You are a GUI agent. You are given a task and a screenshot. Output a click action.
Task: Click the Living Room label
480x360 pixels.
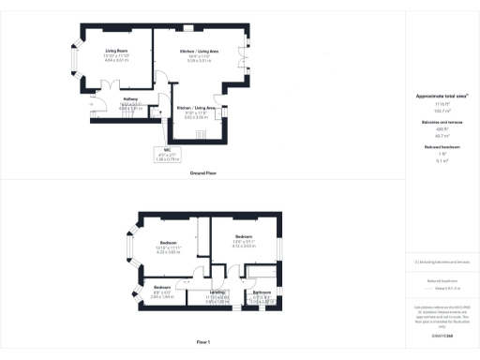coord(115,51)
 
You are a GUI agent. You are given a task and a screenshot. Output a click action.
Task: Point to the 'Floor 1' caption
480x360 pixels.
coord(203,342)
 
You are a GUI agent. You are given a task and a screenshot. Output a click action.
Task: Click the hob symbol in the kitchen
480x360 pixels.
coord(201,132)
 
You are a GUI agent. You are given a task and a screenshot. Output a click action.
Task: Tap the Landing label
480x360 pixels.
coord(217,293)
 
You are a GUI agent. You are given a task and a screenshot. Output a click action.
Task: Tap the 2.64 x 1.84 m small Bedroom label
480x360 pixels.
coord(162,292)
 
